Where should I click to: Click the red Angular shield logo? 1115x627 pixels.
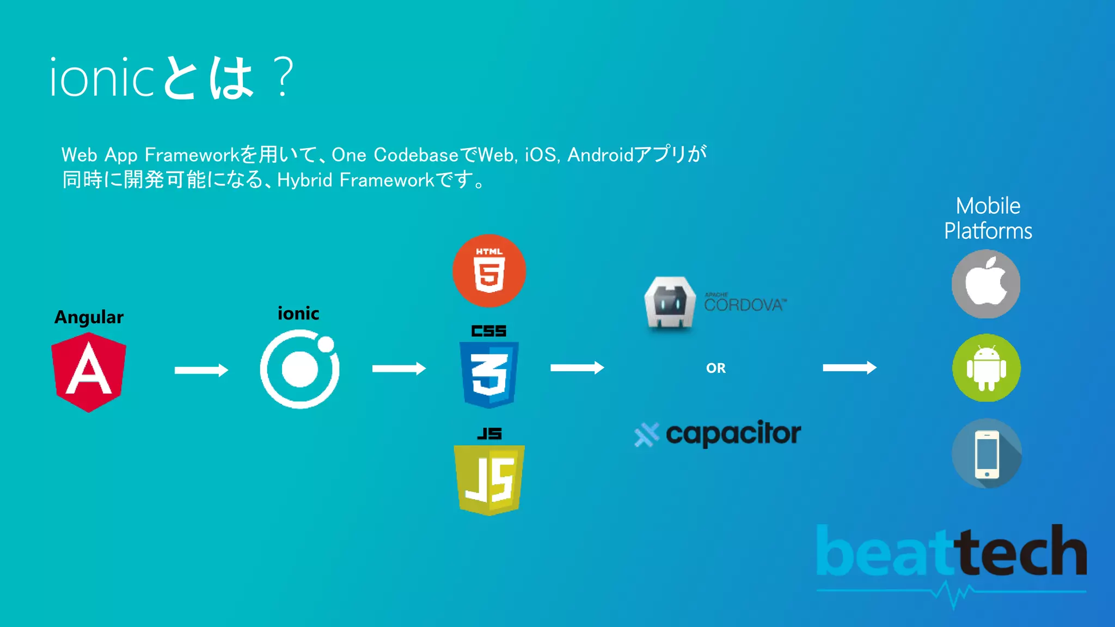click(x=89, y=372)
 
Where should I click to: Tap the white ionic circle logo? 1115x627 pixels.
click(x=299, y=370)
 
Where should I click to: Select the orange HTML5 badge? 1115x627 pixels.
click(x=489, y=271)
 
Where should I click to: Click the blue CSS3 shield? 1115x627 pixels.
click(x=489, y=374)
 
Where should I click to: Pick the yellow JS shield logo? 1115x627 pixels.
click(x=489, y=480)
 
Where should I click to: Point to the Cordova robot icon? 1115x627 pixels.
click(x=670, y=303)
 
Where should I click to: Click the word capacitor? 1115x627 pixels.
click(x=733, y=434)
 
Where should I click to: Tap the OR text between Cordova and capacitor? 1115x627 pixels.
click(x=716, y=368)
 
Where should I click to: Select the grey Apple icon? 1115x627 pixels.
click(x=986, y=284)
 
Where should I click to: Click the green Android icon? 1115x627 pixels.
click(x=986, y=368)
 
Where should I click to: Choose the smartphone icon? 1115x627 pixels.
click(x=987, y=453)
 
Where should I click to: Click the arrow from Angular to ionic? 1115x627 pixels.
click(x=201, y=370)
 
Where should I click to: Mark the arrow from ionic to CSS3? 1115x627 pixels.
click(x=399, y=369)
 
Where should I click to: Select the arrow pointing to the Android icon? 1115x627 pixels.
click(x=849, y=368)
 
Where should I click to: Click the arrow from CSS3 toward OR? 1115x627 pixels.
click(x=577, y=368)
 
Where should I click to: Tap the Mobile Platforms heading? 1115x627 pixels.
click(x=988, y=218)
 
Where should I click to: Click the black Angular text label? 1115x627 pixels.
click(x=89, y=317)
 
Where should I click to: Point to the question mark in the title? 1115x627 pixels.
click(x=284, y=78)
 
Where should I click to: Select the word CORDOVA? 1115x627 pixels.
click(x=744, y=304)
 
